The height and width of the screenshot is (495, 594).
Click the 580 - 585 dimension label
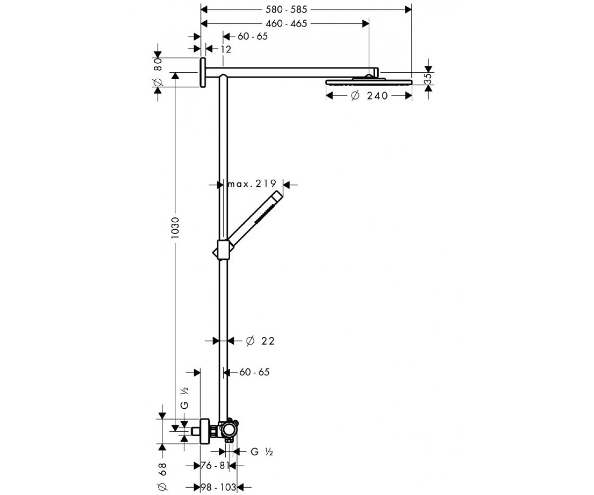click(x=286, y=10)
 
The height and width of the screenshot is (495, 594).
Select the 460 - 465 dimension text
click(x=286, y=24)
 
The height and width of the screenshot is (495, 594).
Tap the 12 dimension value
click(x=226, y=49)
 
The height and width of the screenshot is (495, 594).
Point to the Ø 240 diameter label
click(x=369, y=96)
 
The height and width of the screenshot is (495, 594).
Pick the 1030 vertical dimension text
click(x=176, y=228)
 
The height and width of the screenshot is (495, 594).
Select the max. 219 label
click(x=252, y=184)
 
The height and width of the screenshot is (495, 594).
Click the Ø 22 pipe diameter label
click(x=260, y=341)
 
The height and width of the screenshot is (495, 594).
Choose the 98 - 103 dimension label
click(x=219, y=487)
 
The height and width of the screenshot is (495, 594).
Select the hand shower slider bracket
click(x=223, y=250)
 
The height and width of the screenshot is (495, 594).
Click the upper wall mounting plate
click(x=203, y=72)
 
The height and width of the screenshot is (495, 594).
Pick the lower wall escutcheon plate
click(x=205, y=431)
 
